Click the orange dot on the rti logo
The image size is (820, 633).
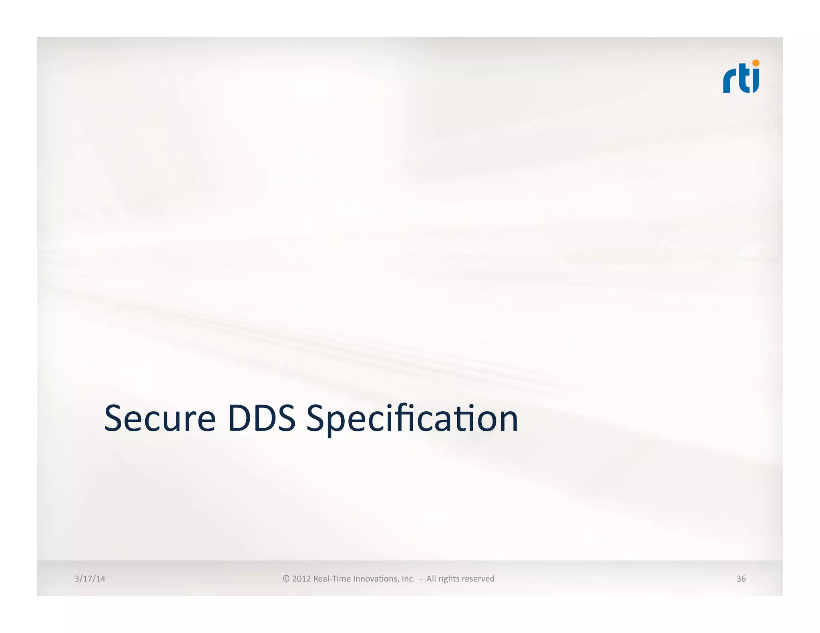(756, 63)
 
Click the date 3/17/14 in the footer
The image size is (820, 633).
(90, 579)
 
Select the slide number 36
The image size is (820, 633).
(741, 579)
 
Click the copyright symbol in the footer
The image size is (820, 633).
(286, 579)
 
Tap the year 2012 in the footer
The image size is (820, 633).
(301, 579)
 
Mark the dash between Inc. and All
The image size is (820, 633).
(420, 579)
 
